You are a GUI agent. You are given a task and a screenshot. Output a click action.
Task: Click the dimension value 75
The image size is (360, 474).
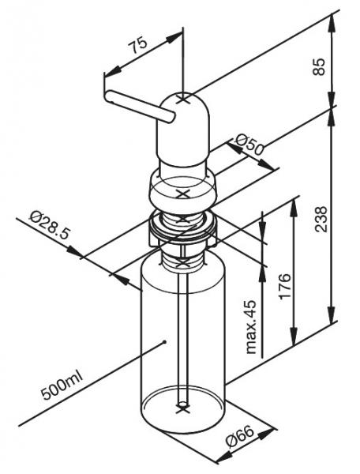click(x=138, y=47)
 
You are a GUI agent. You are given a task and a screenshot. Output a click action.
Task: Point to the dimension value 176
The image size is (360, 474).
click(x=285, y=286)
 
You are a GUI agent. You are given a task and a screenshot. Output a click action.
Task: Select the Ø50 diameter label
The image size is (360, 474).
click(x=249, y=145)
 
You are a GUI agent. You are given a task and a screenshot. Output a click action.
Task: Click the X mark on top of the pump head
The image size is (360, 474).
click(x=184, y=100)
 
